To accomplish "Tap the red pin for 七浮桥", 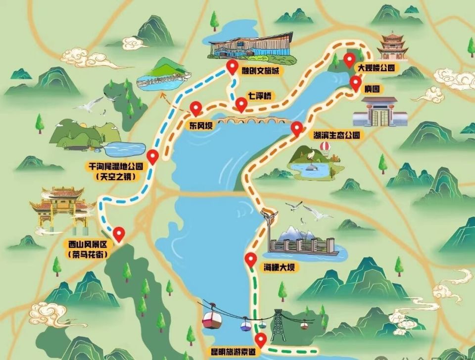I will tap(241, 104).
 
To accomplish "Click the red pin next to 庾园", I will tap(356, 83).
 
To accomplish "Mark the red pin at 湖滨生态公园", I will tap(297, 128).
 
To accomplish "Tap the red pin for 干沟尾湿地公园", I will tap(153, 156).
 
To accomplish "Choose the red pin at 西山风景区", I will tap(119, 233).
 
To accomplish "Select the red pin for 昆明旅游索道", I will tap(260, 340).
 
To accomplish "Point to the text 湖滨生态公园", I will tap(335, 135).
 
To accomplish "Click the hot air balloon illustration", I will tap(325, 147).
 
